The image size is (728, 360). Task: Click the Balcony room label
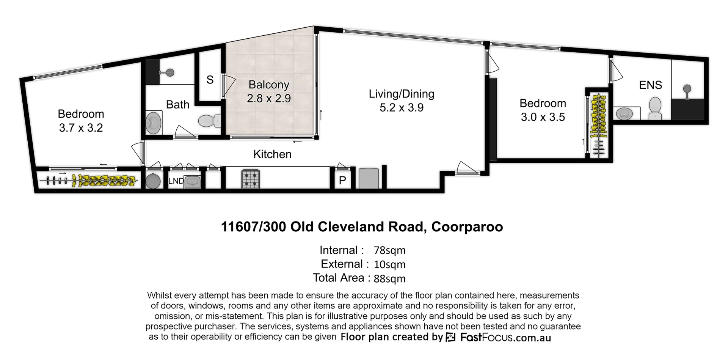click(x=268, y=85)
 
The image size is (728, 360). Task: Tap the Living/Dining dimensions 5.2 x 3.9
click(x=401, y=108)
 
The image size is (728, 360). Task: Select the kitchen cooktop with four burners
click(x=251, y=179)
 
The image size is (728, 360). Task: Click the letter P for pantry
click(x=342, y=181)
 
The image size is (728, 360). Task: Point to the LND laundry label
click(x=176, y=181)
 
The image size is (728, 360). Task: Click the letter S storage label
click(x=210, y=80)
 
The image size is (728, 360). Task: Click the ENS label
click(x=650, y=85)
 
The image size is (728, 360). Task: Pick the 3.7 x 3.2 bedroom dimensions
click(x=81, y=128)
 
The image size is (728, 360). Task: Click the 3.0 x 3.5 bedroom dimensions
click(x=543, y=117)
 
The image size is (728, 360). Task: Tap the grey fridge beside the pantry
click(x=369, y=179)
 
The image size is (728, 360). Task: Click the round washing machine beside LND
click(x=153, y=181)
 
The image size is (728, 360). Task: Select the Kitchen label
click(x=272, y=154)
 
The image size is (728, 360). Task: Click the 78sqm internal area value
click(x=389, y=250)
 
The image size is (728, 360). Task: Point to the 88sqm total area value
click(x=389, y=279)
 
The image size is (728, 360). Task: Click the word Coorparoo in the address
click(x=467, y=227)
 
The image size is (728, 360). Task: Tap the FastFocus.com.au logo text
click(x=505, y=338)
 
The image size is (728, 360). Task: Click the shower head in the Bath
click(x=170, y=72)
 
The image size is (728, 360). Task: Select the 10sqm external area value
click(x=389, y=264)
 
